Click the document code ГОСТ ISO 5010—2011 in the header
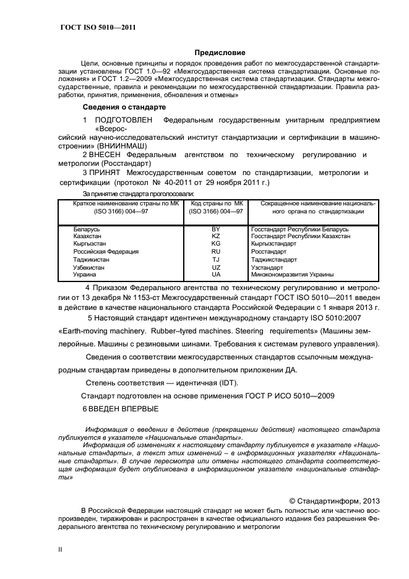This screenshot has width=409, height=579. pos(98,28)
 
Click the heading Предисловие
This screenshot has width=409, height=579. pos(220,53)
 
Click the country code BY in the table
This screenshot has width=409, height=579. pos(216,229)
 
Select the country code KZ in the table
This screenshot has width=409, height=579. pos(216,237)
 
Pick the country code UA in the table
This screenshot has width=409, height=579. pos(216,274)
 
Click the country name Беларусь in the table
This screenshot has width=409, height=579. pos(87,229)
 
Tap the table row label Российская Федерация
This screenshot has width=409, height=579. pos(106,252)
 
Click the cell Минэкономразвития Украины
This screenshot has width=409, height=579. pos(293,274)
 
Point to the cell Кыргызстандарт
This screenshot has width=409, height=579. pos(273,244)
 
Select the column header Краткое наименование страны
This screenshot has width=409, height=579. pos(120,203)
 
